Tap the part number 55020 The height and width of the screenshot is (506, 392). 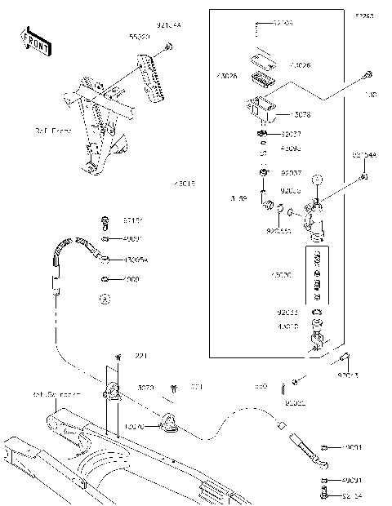coord(140,38)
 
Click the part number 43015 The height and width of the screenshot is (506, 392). coord(185,184)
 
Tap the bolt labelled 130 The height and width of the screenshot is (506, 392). coord(367,75)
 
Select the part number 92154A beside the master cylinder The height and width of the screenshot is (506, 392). coord(364,154)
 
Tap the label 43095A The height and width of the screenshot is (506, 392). coord(136,260)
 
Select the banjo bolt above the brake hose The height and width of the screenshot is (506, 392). coord(105,221)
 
